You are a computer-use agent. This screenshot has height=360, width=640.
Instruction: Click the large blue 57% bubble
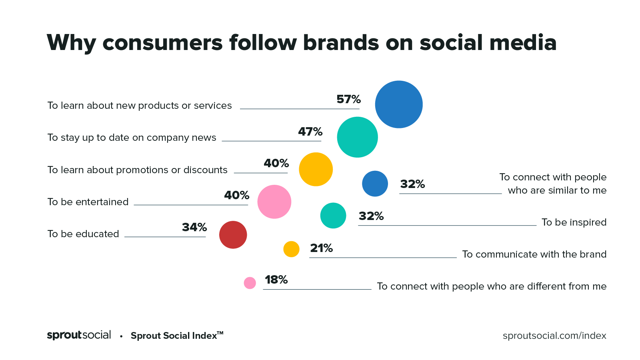pyautogui.click(x=399, y=104)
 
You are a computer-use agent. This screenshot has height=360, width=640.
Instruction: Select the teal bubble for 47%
pyautogui.click(x=357, y=137)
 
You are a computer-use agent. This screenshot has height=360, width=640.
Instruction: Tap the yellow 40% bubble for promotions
pyautogui.click(x=316, y=169)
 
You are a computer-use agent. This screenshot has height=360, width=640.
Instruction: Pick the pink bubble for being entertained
pyautogui.click(x=274, y=202)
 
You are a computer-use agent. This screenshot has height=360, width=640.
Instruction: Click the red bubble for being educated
pyautogui.click(x=233, y=235)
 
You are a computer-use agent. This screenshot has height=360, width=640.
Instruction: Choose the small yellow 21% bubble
pyautogui.click(x=291, y=249)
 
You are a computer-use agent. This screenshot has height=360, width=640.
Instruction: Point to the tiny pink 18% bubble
pyautogui.click(x=250, y=283)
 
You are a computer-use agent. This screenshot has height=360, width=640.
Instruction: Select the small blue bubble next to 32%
pyautogui.click(x=375, y=184)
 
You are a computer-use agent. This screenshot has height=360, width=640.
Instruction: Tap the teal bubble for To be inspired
pyautogui.click(x=333, y=216)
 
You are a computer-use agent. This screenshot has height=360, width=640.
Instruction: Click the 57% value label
pyautogui.click(x=348, y=99)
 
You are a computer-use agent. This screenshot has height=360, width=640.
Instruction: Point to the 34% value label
pyautogui.click(x=194, y=227)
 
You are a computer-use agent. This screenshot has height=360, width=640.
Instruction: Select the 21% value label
pyautogui.click(x=321, y=248)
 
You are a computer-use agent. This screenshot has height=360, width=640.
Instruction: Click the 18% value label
pyautogui.click(x=276, y=280)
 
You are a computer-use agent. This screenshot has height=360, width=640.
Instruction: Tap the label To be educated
pyautogui.click(x=83, y=234)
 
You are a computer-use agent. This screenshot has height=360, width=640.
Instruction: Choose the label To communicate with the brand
pyautogui.click(x=534, y=254)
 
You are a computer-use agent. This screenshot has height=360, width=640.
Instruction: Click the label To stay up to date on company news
pyautogui.click(x=132, y=138)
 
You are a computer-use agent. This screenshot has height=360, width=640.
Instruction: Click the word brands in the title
pyautogui.click(x=341, y=42)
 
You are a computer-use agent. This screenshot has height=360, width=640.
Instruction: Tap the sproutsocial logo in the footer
pyautogui.click(x=79, y=335)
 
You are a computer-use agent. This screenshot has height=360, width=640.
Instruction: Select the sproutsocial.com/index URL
pyautogui.click(x=554, y=336)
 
